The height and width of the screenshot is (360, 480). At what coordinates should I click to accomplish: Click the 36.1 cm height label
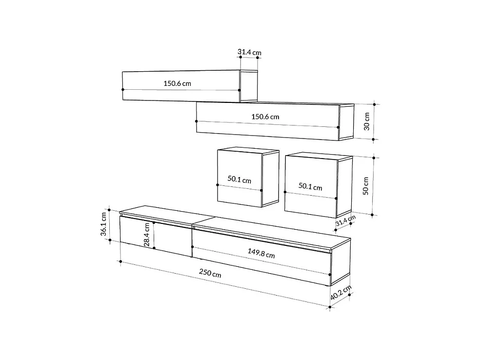[x=103, y=224]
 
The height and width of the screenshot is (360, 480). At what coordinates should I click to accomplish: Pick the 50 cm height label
[x=366, y=186]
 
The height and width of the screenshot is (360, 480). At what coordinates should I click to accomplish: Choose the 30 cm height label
[x=367, y=121]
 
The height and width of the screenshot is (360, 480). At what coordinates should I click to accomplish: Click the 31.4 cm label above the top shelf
[x=249, y=52]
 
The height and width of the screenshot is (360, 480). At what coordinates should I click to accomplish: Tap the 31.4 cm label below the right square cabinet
[x=345, y=221]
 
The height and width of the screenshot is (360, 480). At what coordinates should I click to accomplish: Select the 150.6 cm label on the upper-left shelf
[x=177, y=83]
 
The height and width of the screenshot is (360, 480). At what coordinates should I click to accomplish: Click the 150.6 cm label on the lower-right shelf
[x=265, y=117]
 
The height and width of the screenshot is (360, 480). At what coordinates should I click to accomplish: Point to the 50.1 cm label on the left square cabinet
[x=239, y=180]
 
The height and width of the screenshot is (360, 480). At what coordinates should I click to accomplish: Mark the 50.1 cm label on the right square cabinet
[x=310, y=187]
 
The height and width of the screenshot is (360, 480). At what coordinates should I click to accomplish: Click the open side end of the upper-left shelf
[x=249, y=86]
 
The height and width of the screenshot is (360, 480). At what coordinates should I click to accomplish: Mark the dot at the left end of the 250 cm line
[x=120, y=261]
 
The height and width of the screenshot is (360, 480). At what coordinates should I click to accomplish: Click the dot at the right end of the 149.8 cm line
[x=330, y=275]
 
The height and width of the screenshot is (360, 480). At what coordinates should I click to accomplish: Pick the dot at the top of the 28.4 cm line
[x=154, y=222]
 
